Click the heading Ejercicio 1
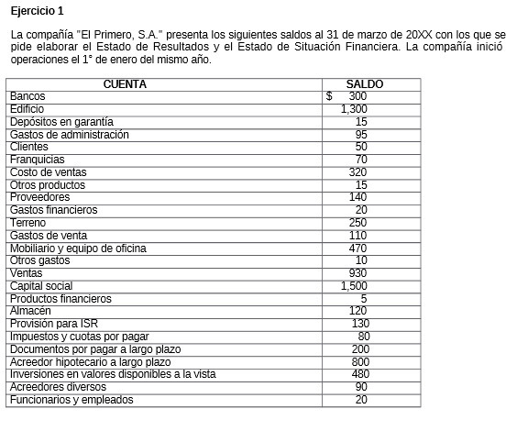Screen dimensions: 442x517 pos(36,11)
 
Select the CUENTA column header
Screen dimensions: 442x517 pos(125,84)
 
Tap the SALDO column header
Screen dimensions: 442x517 pos(364,84)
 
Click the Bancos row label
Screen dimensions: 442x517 pos(27,96)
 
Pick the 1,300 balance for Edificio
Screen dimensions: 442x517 pos(354,109)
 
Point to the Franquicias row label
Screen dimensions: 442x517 pos(37,160)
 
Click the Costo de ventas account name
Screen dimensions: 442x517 pos(48,172)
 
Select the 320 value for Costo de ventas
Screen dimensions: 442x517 pos(357,172)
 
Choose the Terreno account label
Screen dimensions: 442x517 pos(28,223)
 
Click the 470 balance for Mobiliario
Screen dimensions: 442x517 pos(357,249)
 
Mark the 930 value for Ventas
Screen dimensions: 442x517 pos(357,273)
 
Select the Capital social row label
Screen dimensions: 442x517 pos(41,286)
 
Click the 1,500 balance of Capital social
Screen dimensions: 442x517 pos(354,286)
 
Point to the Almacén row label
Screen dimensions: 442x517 pos(30,311)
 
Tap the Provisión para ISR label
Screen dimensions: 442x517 pos(52,324)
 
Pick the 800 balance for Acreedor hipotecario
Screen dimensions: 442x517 pos(359,362)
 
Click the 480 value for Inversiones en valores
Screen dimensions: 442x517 pos(359,374)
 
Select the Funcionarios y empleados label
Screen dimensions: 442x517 pos(71,400)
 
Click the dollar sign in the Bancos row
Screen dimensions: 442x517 pos(330,96)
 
